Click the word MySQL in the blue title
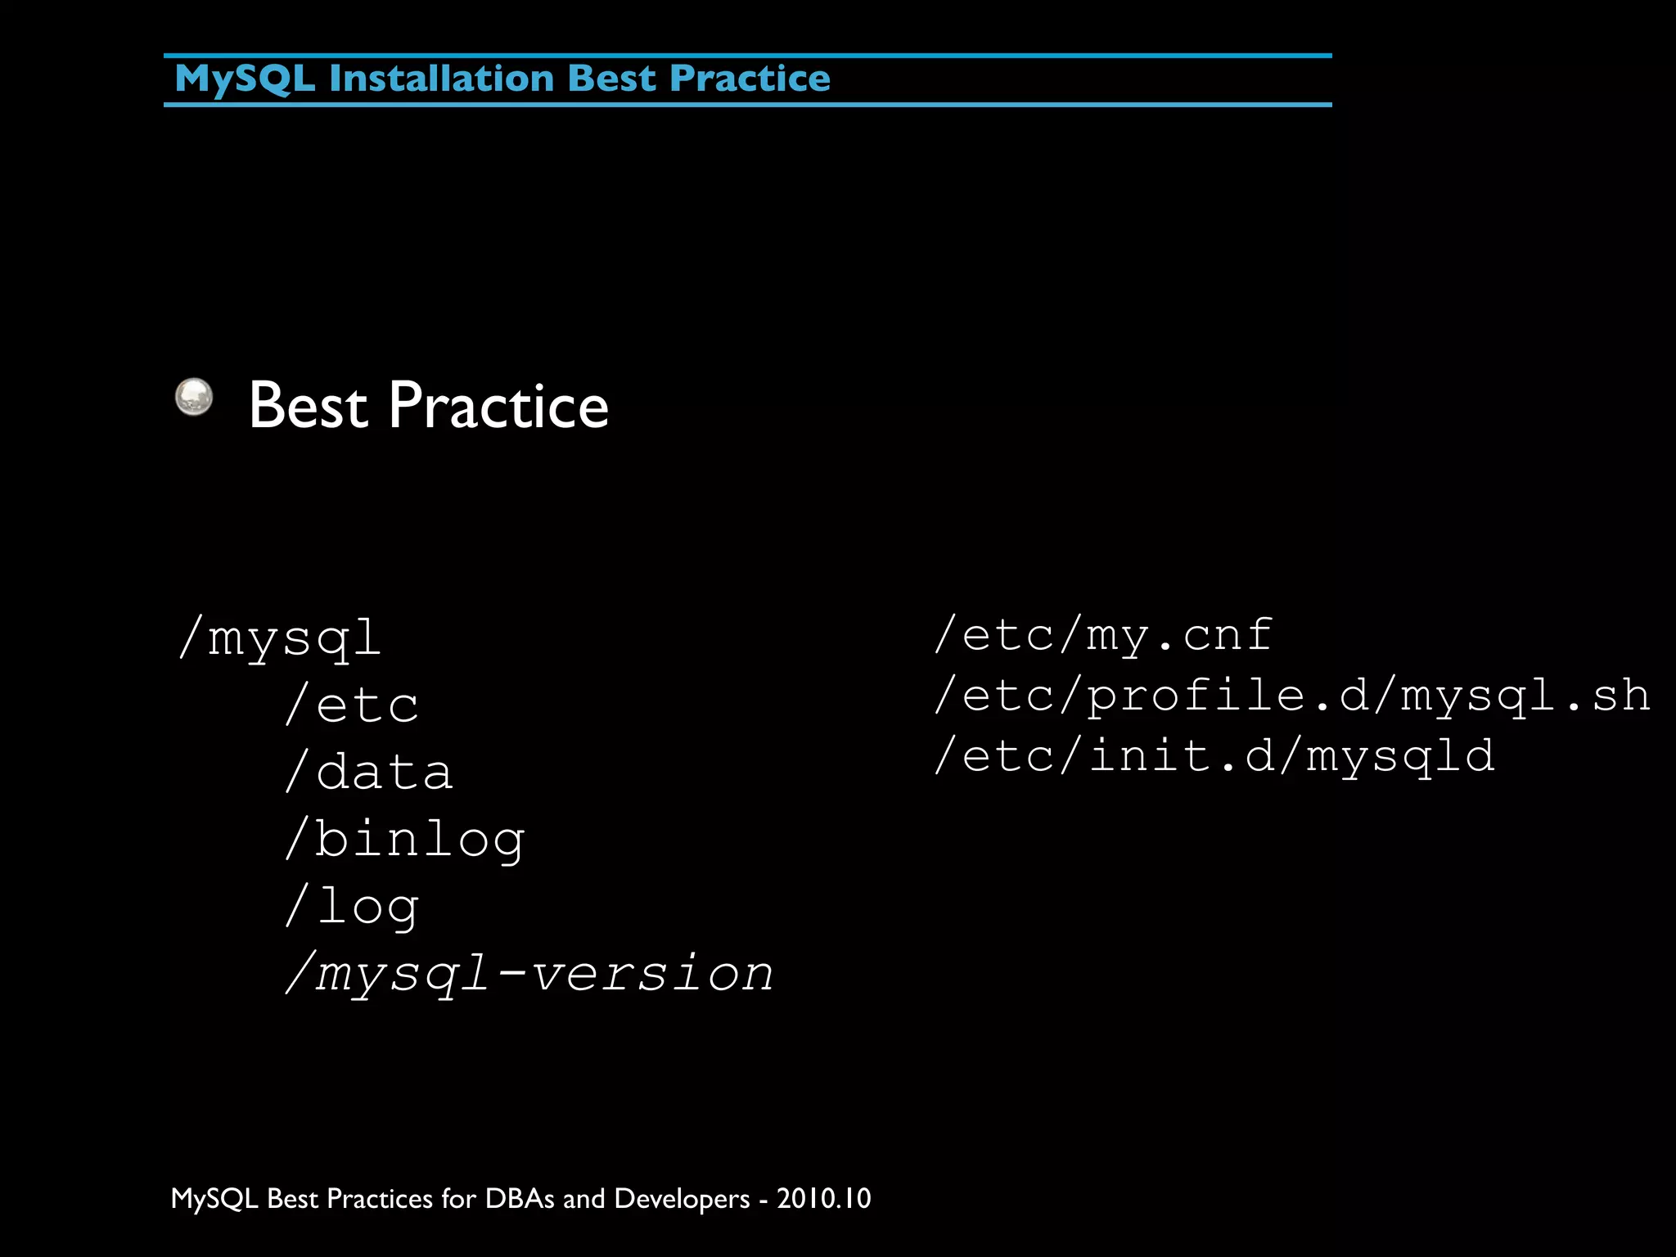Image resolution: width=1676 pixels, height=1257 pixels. [244, 79]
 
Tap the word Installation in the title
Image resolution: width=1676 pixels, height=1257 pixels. [442, 79]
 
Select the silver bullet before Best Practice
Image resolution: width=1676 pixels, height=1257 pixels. [194, 397]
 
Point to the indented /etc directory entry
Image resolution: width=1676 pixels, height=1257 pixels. [352, 705]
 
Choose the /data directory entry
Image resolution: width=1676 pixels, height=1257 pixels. [369, 772]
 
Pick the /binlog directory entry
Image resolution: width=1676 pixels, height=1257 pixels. [405, 839]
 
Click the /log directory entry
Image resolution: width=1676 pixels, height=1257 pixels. [352, 906]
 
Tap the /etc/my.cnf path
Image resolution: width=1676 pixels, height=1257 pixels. [1103, 635]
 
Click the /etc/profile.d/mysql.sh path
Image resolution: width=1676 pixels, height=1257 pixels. [1291, 696]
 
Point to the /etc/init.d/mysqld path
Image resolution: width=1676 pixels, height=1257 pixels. [1214, 755]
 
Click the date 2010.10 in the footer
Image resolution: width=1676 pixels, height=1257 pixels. [823, 1198]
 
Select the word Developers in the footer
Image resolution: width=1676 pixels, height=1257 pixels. [681, 1198]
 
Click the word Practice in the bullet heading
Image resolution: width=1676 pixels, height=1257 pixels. [498, 406]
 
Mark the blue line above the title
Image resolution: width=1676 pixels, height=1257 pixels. [747, 56]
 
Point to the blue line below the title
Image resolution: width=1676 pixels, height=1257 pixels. [747, 105]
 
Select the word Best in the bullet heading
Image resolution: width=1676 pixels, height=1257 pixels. [308, 406]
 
